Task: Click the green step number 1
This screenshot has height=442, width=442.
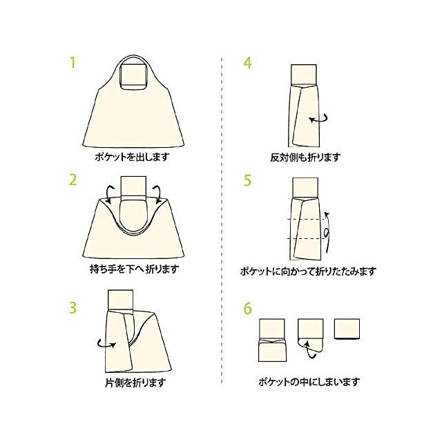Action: [x=73, y=63]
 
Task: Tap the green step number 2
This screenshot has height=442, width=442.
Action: [x=73, y=180]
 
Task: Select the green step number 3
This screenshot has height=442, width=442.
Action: [x=73, y=307]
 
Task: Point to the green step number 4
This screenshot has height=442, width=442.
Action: [x=247, y=63]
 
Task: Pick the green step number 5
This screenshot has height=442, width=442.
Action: [x=247, y=180]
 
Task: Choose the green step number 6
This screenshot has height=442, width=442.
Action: [x=247, y=308]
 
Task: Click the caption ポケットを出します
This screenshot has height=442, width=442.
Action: [x=132, y=157]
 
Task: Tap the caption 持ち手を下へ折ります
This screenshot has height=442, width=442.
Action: [x=135, y=269]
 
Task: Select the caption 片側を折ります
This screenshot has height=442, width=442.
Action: [x=135, y=383]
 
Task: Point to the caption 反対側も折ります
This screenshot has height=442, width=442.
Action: [x=305, y=157]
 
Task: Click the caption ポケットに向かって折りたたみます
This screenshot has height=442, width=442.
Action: [x=308, y=271]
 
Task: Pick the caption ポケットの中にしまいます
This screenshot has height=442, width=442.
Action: [x=309, y=382]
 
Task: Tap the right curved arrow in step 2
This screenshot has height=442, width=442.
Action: [x=157, y=193]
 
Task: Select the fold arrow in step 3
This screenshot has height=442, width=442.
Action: [x=106, y=344]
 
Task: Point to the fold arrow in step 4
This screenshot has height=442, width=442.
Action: [x=318, y=119]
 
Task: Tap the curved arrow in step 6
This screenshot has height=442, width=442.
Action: [x=309, y=349]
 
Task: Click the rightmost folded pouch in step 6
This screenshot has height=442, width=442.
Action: [x=347, y=329]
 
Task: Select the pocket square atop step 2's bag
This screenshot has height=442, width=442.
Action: [x=133, y=186]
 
